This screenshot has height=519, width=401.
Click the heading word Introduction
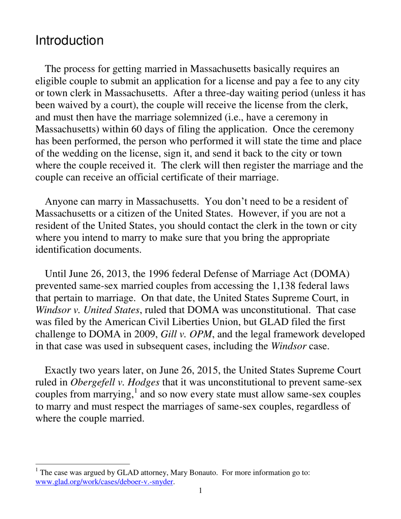(x=69, y=41)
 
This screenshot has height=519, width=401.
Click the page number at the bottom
(x=200, y=491)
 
